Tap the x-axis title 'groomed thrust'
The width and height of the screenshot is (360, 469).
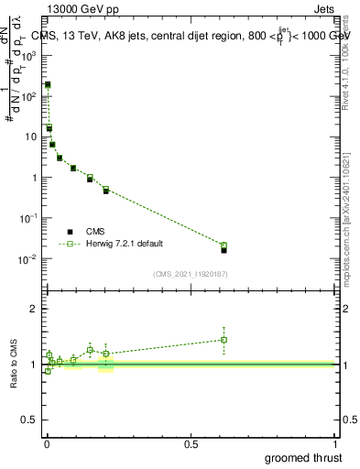[x=303, y=457]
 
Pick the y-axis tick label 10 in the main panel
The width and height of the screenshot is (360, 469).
[x=31, y=136]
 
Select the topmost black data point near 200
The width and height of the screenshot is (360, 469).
[x=48, y=84]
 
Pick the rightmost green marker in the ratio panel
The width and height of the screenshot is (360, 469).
[x=224, y=340]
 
